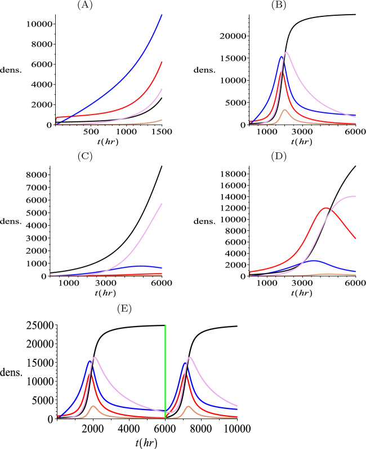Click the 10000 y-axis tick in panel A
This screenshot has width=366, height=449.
tap(34, 24)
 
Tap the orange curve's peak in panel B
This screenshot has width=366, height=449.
tap(284, 110)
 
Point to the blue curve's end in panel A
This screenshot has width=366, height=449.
tap(162, 15)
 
